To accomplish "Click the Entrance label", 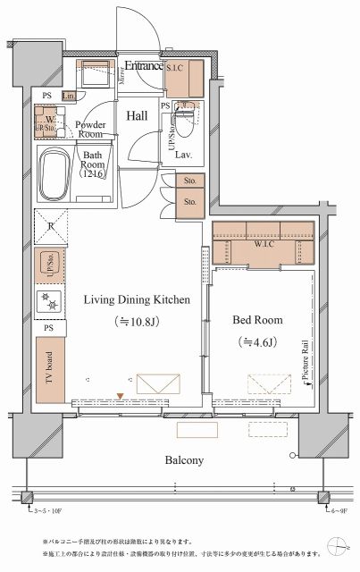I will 143,65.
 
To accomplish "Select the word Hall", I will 137,115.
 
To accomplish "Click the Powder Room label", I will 91,130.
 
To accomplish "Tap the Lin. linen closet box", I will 68,96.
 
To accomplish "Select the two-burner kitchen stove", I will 49,302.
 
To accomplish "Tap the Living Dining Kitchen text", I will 136,301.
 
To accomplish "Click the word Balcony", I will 184,460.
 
